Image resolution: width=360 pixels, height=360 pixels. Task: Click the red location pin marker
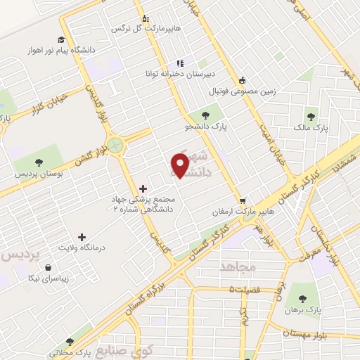coord(180,165)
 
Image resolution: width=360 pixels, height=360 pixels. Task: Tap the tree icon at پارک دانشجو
coord(205,115)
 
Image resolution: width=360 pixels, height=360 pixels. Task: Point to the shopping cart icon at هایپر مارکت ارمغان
coord(242,200)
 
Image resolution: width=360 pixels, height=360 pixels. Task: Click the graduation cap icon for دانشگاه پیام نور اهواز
coord(62,40)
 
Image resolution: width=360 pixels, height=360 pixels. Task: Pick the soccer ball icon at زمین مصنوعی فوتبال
coord(243,79)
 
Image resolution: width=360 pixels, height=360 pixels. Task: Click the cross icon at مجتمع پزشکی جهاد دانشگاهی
coord(144,188)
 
